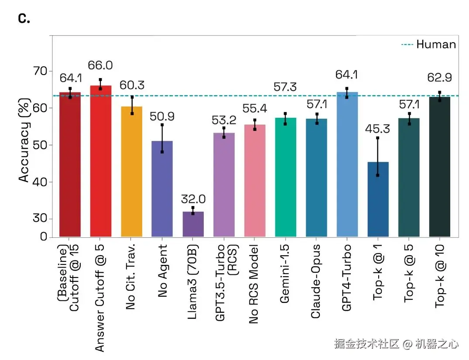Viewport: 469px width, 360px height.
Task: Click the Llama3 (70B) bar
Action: click(193, 224)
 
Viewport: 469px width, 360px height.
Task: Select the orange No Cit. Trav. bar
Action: click(131, 171)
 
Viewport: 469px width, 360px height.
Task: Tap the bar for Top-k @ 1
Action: click(378, 199)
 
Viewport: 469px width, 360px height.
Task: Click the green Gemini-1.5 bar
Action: click(285, 177)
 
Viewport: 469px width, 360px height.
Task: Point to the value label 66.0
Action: click(100, 65)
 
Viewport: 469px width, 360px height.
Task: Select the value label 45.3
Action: click(378, 129)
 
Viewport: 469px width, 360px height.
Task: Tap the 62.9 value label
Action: click(439, 78)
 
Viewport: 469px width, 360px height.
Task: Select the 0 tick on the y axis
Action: click(44, 237)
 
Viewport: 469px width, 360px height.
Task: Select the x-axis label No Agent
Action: click(162, 271)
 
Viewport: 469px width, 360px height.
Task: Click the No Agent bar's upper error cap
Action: click(162, 125)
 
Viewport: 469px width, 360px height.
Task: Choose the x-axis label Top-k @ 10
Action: click(439, 276)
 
